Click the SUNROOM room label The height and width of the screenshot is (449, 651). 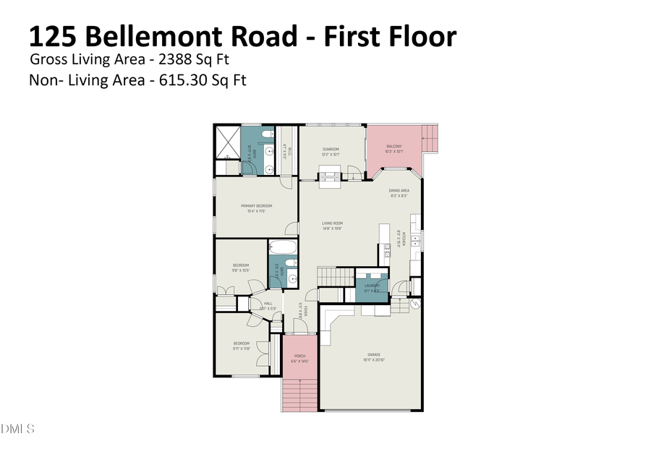click(x=331, y=149)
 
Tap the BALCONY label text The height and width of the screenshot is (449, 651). click(x=394, y=147)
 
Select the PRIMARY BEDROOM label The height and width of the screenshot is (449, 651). click(x=257, y=206)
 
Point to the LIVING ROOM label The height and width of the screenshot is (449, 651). click(x=332, y=223)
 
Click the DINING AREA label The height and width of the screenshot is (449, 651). click(x=399, y=191)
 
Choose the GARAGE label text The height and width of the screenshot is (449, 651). click(x=373, y=355)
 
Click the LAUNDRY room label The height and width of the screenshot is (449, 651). click(x=373, y=286)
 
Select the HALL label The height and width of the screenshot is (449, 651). click(x=268, y=304)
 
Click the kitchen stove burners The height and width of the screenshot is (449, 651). click(x=416, y=241)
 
